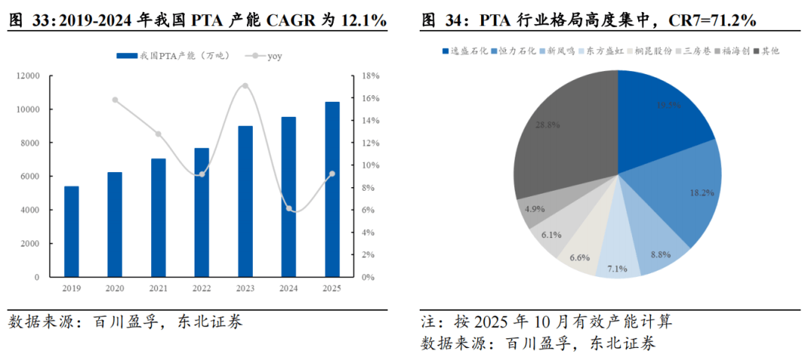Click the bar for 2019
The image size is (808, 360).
point(71,231)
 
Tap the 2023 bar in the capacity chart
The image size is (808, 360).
point(245,201)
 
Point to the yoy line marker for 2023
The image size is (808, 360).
point(245,86)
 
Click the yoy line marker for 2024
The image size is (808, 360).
point(289,208)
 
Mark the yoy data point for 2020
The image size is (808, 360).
point(115,100)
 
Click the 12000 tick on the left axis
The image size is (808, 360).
point(29,76)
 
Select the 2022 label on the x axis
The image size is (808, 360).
point(202,288)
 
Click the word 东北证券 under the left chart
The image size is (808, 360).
point(210,323)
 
